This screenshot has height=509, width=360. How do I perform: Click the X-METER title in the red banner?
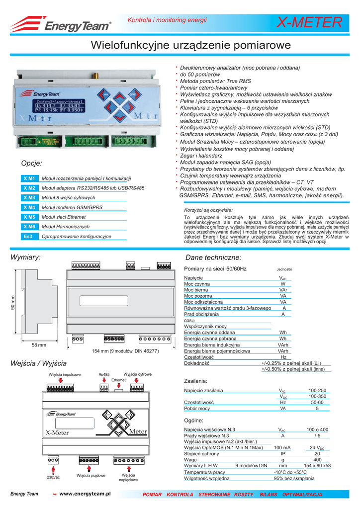pos(309,22)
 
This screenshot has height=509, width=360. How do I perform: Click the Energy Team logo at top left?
pos(61,23)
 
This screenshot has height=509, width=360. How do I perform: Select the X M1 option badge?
pos(29,178)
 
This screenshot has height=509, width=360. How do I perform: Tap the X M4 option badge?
pos(29,207)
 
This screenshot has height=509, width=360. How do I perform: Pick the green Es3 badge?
pos(29,237)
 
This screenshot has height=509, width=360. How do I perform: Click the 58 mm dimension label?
pos(39,344)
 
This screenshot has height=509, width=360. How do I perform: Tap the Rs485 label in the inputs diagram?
pos(104,374)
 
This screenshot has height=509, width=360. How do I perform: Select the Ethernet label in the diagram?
pos(118,380)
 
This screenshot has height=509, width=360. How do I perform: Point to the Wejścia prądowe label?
pos(91,476)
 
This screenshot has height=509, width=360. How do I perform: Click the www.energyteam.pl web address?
pos(84,493)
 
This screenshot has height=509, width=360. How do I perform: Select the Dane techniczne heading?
pos(213,257)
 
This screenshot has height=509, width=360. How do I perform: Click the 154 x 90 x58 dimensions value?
pos(317,466)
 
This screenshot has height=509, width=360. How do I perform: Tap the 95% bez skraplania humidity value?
pos(294,479)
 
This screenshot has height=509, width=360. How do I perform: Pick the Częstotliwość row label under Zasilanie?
pos(198,402)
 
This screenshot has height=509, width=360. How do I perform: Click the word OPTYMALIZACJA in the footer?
pos(302,495)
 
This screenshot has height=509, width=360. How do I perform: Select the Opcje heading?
pos(32,163)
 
